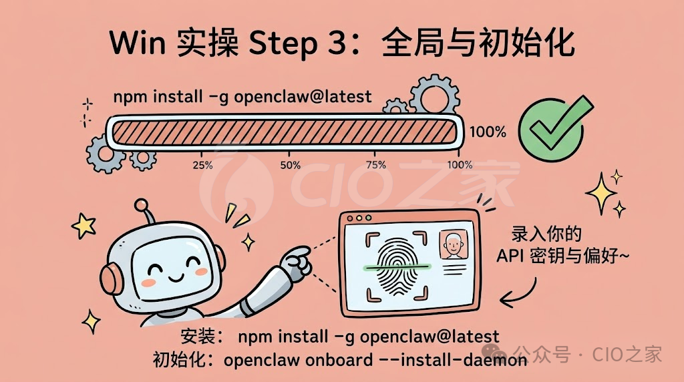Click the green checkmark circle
point(551,130)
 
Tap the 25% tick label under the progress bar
point(203,165)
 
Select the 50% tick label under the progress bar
point(291,165)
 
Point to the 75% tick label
point(376,165)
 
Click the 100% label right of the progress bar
point(488,132)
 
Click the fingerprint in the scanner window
point(397,266)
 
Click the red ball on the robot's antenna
point(142,205)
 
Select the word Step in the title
point(283,43)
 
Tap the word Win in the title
point(138,42)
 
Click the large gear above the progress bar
point(434,95)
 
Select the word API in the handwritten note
point(510,256)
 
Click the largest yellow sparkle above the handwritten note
point(601,193)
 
